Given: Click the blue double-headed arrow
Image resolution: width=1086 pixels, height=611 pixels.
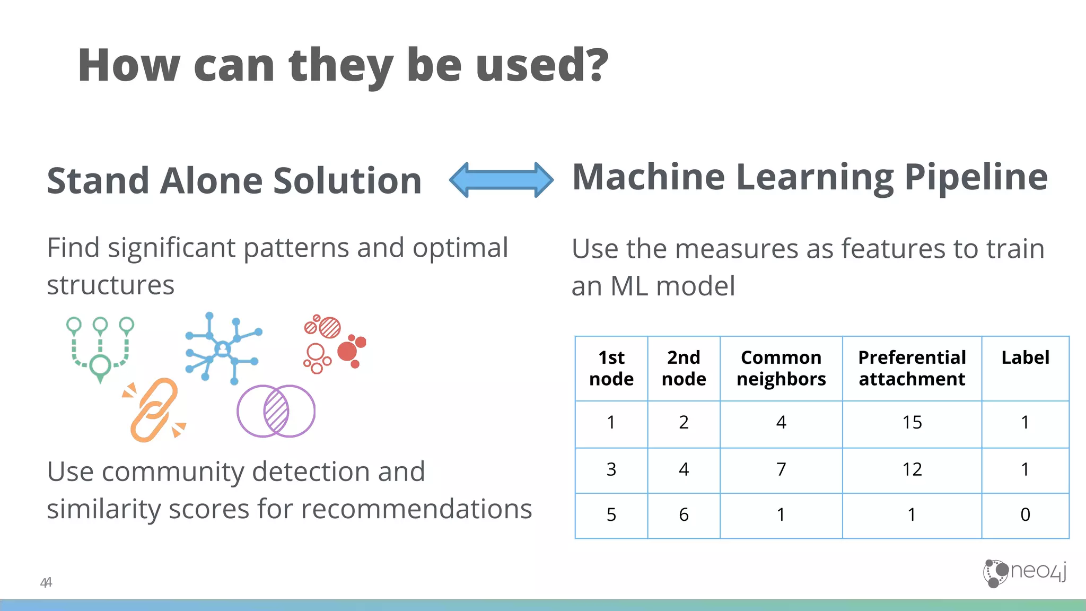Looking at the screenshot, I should click(x=501, y=180).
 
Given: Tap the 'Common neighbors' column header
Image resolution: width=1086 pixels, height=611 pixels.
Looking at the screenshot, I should click(x=781, y=368).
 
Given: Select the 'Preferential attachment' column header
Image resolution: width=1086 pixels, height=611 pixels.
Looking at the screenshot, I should click(x=912, y=368).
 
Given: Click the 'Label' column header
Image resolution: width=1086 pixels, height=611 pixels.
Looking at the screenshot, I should click(x=1024, y=358).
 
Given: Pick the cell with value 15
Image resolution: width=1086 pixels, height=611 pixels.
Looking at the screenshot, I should click(x=912, y=423).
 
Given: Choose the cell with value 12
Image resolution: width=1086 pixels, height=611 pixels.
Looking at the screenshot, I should click(x=912, y=469).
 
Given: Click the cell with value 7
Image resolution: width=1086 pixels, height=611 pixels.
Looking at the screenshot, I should click(x=781, y=469).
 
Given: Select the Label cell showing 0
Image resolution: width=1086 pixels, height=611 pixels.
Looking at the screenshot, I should click(x=1024, y=514).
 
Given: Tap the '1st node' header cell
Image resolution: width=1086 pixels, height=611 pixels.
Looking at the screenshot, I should click(x=611, y=368).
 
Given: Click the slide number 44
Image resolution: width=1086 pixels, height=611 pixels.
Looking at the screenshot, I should click(x=46, y=582).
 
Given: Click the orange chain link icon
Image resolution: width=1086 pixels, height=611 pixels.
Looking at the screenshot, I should click(x=154, y=410).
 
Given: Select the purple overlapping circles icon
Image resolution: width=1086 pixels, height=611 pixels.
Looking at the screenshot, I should click(x=276, y=411).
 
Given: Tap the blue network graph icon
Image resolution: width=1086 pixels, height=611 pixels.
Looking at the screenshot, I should click(x=223, y=348).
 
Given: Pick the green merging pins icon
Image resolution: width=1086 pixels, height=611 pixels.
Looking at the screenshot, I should click(x=100, y=347).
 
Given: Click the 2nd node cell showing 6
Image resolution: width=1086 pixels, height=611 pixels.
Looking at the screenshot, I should click(x=684, y=514).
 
